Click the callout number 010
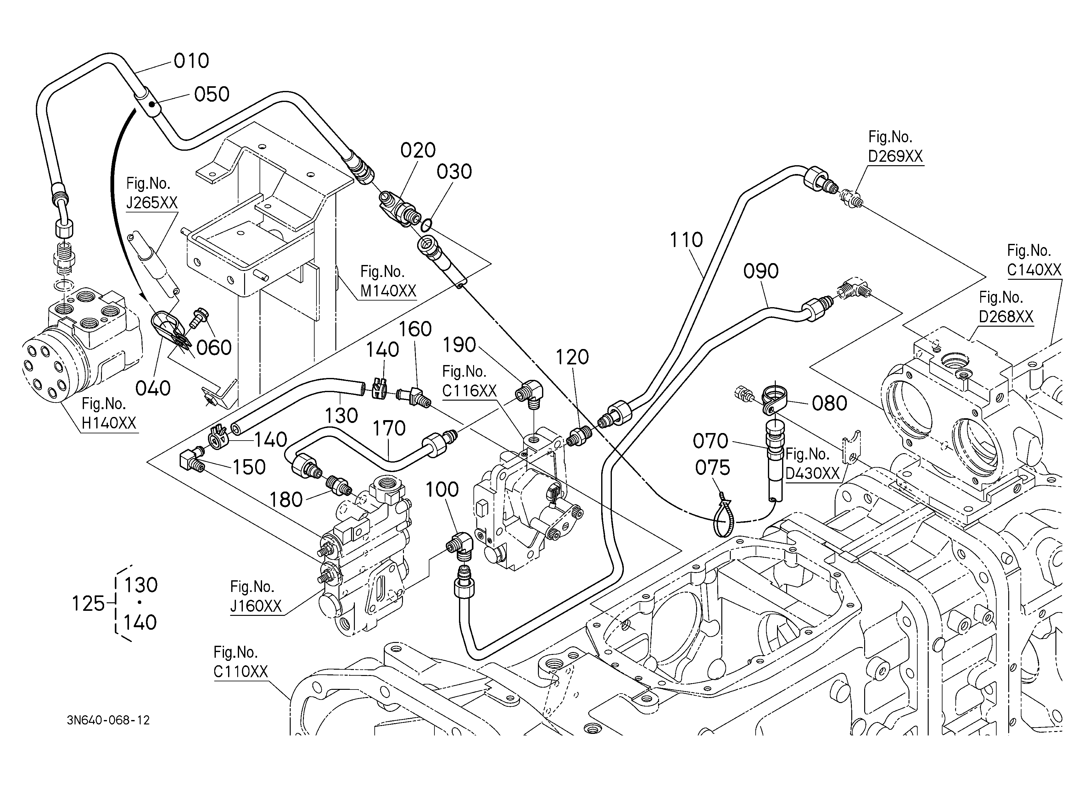tap(191, 61)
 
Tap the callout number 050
tap(212, 94)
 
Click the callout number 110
tap(686, 240)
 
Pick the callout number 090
tap(761, 271)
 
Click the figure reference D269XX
tap(896, 156)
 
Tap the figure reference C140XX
tap(1034, 270)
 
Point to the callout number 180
tap(286, 500)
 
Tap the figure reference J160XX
tap(256, 606)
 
